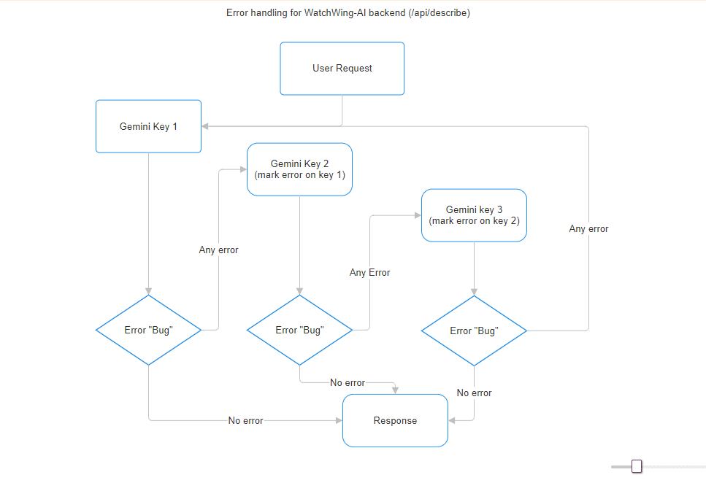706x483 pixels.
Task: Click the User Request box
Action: pos(342,69)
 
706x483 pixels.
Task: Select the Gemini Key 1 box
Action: pos(148,126)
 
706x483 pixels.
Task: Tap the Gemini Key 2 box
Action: pos(299,169)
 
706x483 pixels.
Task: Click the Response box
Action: pos(395,421)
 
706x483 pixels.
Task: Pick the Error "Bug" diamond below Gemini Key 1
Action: pos(148,330)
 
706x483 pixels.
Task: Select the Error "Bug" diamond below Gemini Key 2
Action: pos(299,330)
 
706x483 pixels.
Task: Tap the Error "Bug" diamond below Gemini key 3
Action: pos(474,331)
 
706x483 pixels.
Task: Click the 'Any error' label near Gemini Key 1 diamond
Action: pos(218,250)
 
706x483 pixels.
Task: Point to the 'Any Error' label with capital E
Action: pos(369,273)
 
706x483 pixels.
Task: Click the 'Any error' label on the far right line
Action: pos(588,229)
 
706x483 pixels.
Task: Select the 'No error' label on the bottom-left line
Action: pos(245,421)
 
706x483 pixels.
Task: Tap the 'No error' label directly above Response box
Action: pos(348,383)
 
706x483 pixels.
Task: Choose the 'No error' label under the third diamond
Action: pos(474,393)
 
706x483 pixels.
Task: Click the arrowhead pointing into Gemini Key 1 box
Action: pos(206,126)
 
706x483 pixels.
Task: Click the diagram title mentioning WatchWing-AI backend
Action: pos(348,13)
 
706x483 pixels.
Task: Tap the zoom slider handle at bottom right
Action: pos(637,466)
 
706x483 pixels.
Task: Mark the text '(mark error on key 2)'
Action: pos(474,220)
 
